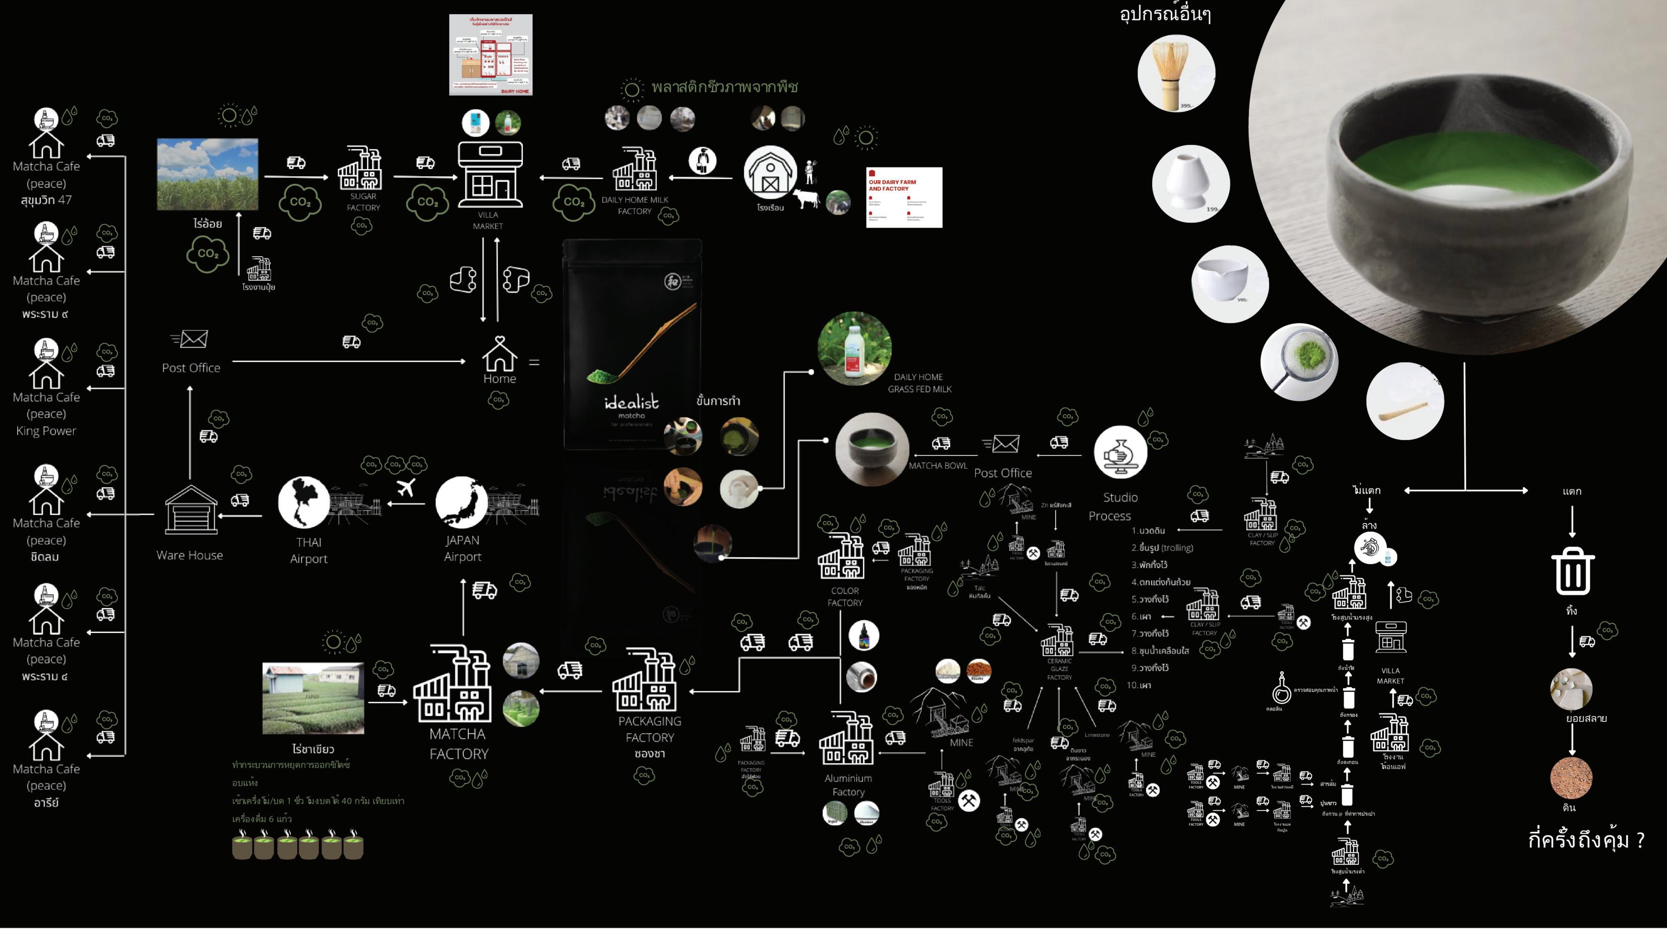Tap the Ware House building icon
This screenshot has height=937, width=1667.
190,510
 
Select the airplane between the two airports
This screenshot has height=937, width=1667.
406,487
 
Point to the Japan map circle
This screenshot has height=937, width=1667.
461,502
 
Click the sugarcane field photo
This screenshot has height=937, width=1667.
207,174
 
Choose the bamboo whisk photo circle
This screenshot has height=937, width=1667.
1176,74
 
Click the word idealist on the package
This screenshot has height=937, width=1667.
631,403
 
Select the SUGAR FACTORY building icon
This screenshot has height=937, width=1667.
360,169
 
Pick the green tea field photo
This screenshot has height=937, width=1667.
313,698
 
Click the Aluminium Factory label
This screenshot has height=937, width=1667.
848,785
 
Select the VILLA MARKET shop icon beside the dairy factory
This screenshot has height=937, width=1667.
490,173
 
